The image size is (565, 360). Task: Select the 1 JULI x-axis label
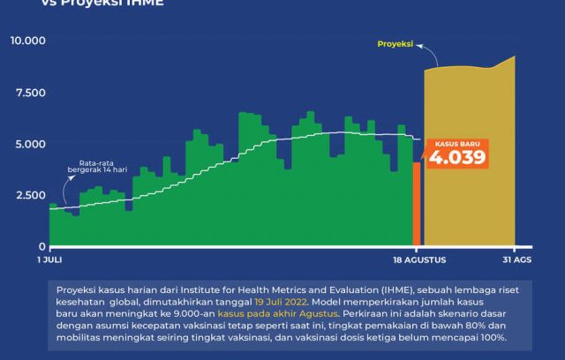50,260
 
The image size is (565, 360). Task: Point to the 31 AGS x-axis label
516,260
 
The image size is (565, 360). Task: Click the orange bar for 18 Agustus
417,203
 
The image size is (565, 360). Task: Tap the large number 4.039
456,158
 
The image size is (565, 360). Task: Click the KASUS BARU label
456,143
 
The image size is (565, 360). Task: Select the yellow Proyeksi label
395,43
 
